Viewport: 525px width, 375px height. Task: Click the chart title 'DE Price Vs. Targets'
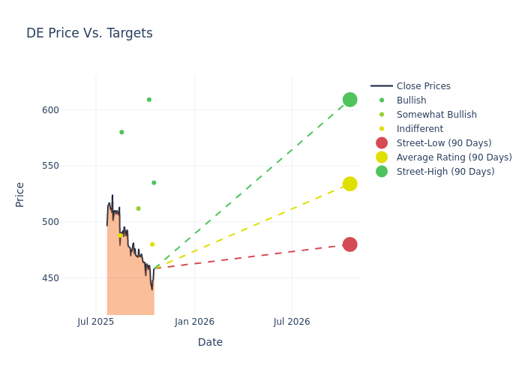coord(89,33)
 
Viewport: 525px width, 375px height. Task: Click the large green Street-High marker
coord(349,100)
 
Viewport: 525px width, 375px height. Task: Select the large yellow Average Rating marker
coord(349,184)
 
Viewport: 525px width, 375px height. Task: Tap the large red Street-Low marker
coord(349,244)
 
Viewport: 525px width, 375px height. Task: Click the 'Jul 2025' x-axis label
coord(96,322)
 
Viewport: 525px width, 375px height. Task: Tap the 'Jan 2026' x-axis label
coord(194,322)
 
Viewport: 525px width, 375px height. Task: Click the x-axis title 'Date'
coord(210,342)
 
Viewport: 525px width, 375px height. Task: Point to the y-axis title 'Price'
coord(20,194)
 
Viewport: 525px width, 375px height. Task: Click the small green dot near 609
coord(148,100)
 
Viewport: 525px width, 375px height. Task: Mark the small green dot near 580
coord(121,132)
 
